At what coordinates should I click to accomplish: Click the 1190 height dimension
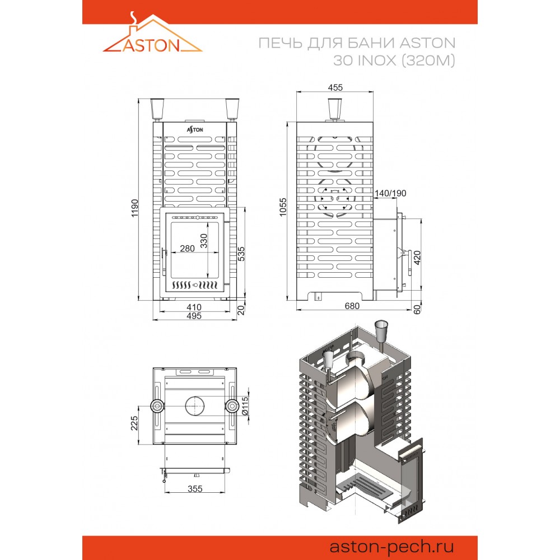point(134,208)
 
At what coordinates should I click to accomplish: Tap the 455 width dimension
point(335,87)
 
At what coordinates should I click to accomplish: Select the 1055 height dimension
point(283,207)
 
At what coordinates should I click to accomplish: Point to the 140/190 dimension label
point(390,193)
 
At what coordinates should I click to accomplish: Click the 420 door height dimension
point(417,258)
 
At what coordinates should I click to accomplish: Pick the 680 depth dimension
point(352,306)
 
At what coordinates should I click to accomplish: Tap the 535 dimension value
point(241,254)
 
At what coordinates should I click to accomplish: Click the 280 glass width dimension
point(187,248)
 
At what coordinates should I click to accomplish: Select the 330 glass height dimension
point(204,241)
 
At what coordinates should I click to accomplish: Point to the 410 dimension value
point(194,307)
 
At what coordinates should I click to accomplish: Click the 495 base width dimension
point(194,316)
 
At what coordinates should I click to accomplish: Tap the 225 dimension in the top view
point(134,423)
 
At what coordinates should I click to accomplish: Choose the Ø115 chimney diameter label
point(245,406)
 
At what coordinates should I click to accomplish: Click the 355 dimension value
point(195,488)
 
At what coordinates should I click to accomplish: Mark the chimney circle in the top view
point(195,396)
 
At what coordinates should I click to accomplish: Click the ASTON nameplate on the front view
point(195,130)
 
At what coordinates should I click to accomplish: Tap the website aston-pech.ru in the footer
point(391,547)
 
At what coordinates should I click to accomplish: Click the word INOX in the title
point(377,60)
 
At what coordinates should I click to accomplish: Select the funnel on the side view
point(335,109)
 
